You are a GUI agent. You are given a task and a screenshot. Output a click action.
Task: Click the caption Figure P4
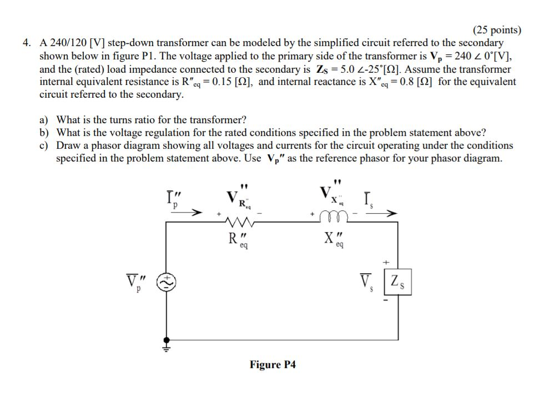click(273, 365)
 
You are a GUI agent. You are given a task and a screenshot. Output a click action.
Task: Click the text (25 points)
click(497, 30)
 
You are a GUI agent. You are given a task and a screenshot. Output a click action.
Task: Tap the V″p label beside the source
click(134, 283)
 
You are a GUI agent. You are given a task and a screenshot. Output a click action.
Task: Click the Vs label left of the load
click(367, 283)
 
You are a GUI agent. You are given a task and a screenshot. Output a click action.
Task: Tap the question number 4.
click(27, 43)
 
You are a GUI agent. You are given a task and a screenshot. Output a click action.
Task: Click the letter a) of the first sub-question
click(44, 120)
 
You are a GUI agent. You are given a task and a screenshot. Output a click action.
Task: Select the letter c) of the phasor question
click(44, 145)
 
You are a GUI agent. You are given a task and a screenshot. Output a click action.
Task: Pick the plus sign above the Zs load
click(386, 262)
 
